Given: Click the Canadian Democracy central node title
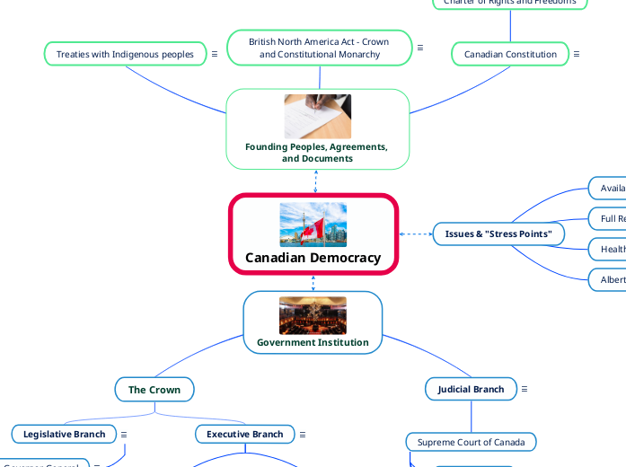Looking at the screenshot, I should click(x=313, y=258).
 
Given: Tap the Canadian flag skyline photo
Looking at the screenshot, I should click(x=313, y=225).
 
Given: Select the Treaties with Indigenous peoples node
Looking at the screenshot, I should click(x=125, y=54).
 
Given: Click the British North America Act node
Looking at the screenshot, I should click(x=319, y=48).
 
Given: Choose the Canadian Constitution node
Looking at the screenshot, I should click(x=510, y=54).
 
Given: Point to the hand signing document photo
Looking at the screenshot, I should click(x=318, y=117).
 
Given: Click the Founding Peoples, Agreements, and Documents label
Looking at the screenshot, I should click(x=316, y=153).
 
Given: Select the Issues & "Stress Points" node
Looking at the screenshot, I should click(x=498, y=234).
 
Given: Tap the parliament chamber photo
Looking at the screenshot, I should click(x=313, y=315).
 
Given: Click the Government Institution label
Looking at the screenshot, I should click(x=313, y=342).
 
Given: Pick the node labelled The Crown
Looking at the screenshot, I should click(x=154, y=390).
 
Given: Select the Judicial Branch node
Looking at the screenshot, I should click(x=471, y=389).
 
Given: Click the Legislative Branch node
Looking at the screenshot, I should click(x=64, y=434).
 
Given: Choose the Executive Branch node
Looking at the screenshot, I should click(x=244, y=434).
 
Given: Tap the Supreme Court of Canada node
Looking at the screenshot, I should click(x=471, y=442).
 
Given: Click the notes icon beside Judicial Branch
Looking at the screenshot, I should click(x=525, y=389).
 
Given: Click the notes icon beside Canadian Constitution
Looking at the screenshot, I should click(x=577, y=54).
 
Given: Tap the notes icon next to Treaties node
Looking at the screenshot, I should click(x=215, y=54).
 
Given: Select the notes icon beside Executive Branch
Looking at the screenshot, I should click(x=303, y=435).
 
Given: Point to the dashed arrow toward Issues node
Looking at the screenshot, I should click(x=415, y=234).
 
